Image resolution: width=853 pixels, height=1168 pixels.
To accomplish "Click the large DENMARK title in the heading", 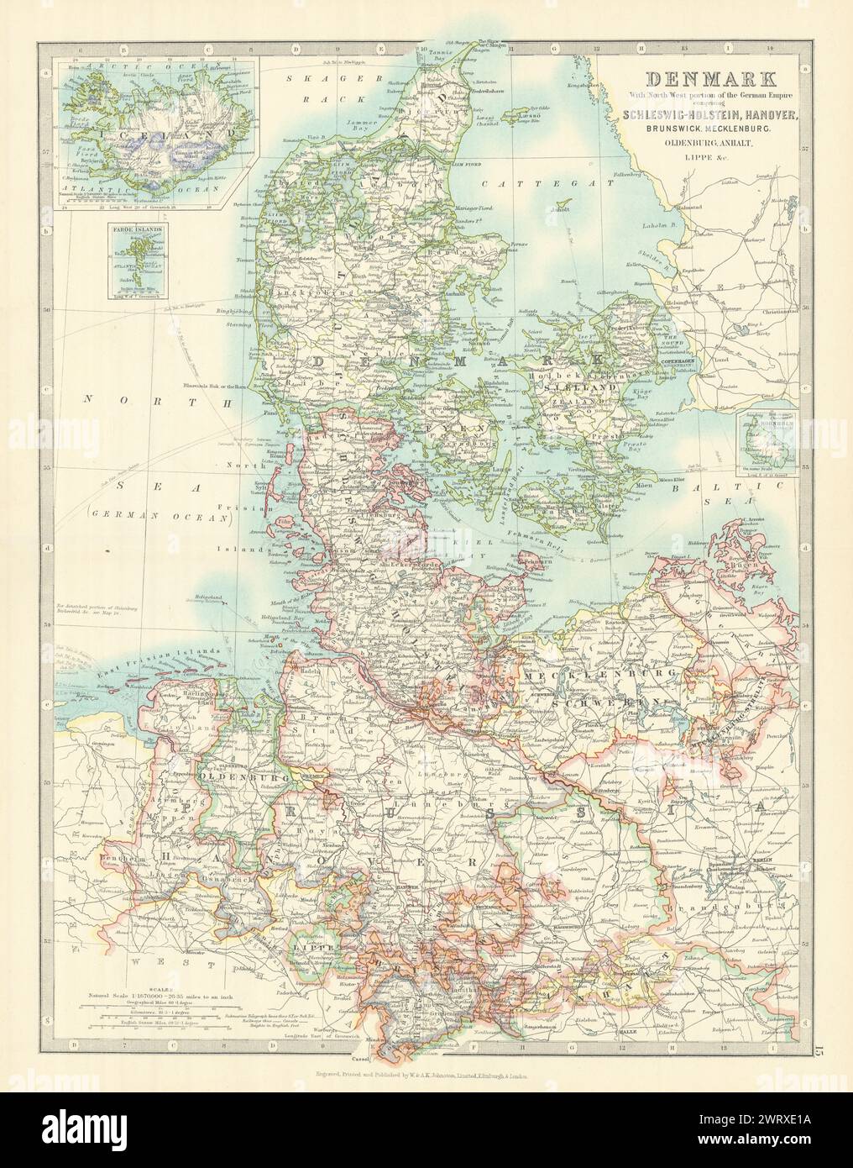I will [x=704, y=84].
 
